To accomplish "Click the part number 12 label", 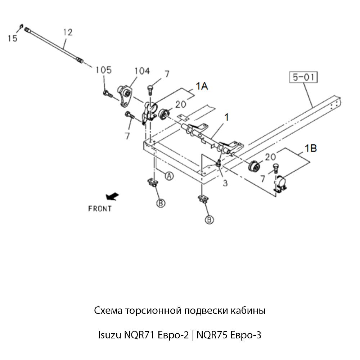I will (68, 32).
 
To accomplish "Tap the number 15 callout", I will (13, 38).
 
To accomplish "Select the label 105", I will (103, 70).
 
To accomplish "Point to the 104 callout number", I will (142, 71).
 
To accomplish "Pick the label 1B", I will (311, 148).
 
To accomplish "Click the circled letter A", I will (169, 176).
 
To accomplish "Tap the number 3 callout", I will (225, 183).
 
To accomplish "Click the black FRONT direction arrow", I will (112, 196).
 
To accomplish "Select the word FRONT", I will (100, 208).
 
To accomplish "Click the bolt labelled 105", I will (107, 94).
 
